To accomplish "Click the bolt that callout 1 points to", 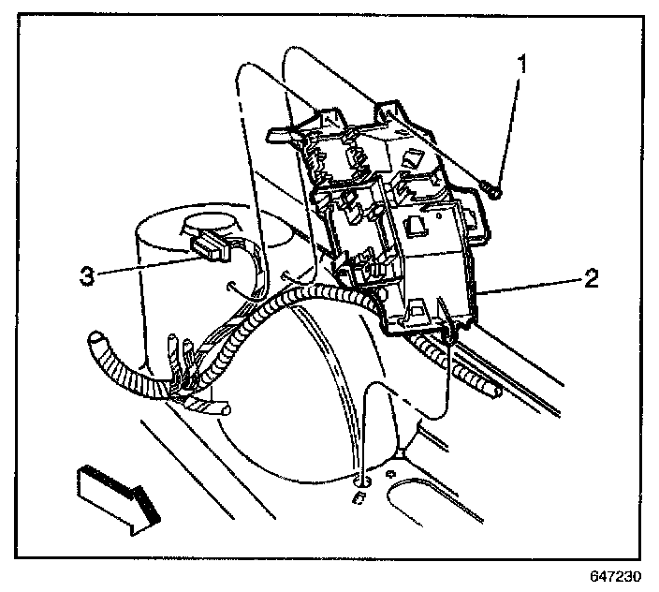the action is pos(493,190).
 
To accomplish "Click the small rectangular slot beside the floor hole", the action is pos(355,501).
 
